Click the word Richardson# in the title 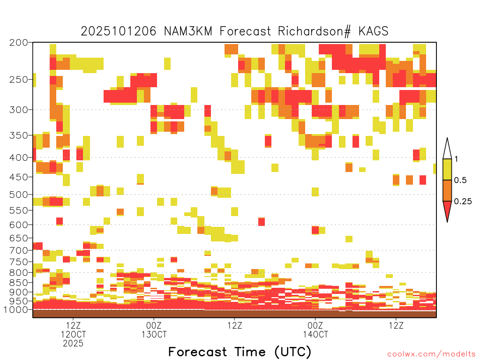[314, 31]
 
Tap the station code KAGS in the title [373, 31]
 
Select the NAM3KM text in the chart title [188, 31]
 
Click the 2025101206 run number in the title [119, 31]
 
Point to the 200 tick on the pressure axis [19, 43]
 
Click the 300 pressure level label [19, 110]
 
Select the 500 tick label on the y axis [19, 195]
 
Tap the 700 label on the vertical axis [19, 250]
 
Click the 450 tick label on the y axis [19, 177]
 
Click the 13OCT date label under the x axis [154, 334]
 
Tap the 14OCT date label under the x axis [315, 334]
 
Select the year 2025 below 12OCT [73, 344]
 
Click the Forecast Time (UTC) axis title [240, 352]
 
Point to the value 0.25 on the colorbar [463, 202]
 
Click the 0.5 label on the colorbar [460, 180]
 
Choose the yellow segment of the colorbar [447, 169]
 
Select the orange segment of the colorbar [447, 190]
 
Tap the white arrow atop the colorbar [447, 149]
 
